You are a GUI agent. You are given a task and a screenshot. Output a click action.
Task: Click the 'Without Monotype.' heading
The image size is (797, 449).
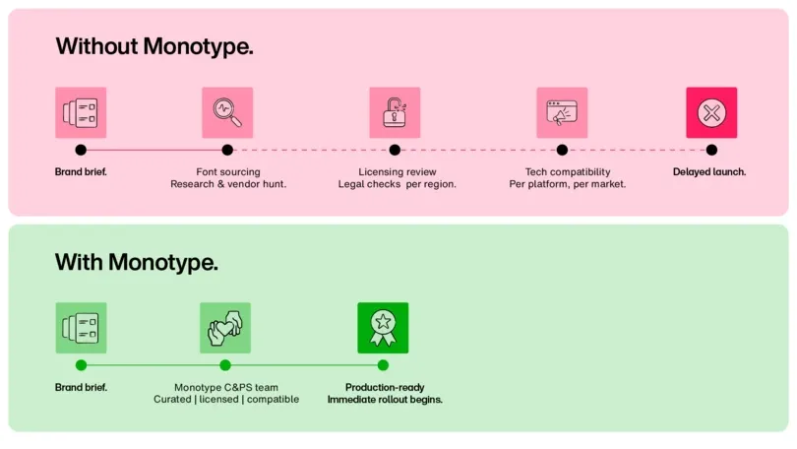tap(154, 46)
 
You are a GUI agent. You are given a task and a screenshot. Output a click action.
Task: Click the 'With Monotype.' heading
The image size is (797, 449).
tap(136, 262)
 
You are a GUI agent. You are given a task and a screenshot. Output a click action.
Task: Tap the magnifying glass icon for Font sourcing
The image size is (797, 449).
tap(227, 112)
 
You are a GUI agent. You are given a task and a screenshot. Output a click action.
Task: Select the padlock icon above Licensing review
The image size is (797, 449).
tap(395, 112)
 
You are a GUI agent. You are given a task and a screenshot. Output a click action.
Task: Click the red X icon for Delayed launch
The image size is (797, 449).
tap(711, 112)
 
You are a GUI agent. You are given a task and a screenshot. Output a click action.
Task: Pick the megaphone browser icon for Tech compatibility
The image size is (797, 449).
tap(562, 112)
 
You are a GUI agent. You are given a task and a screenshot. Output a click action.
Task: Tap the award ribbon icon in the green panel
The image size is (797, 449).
tap(383, 328)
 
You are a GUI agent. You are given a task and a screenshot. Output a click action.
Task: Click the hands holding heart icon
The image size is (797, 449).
tap(225, 328)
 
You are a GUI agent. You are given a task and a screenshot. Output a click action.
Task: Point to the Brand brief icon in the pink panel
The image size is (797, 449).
tap(81, 112)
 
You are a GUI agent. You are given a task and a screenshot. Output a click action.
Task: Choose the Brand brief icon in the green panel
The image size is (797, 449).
tap(81, 328)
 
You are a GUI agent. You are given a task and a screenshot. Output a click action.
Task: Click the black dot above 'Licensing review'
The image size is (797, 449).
tap(395, 150)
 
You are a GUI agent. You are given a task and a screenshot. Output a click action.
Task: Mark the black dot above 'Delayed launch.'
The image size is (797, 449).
tap(711, 150)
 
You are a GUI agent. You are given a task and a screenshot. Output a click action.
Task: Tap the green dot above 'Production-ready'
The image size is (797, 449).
tap(383, 365)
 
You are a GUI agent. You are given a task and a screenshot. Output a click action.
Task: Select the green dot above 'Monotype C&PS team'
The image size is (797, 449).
tap(225, 365)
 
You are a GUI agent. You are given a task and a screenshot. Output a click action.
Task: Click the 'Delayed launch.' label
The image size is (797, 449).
tap(709, 172)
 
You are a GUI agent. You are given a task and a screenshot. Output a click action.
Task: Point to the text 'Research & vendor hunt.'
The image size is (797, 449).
tap(228, 184)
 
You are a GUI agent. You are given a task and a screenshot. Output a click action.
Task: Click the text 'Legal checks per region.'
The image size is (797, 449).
tap(398, 184)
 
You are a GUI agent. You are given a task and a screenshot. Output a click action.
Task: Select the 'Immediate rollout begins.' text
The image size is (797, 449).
tap(385, 400)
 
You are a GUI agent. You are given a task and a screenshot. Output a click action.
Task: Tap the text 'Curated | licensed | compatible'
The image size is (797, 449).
tap(226, 400)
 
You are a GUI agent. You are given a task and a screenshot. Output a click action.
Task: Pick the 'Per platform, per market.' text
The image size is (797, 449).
tap(568, 184)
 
